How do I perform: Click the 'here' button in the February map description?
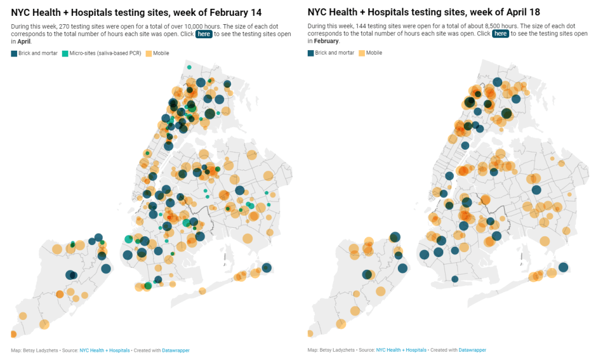point(204,34)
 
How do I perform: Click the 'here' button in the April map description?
point(500,34)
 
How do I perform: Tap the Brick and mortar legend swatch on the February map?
point(14,53)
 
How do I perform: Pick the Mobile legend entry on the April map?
point(370,53)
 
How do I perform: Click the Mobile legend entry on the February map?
point(157,53)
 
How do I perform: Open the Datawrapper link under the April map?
point(472,350)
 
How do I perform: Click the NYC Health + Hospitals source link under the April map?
point(401,350)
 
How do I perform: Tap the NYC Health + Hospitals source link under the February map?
point(104,350)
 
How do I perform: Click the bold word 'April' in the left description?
point(23,41)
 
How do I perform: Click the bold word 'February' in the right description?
point(327,41)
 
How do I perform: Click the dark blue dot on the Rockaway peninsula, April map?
point(563,267)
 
